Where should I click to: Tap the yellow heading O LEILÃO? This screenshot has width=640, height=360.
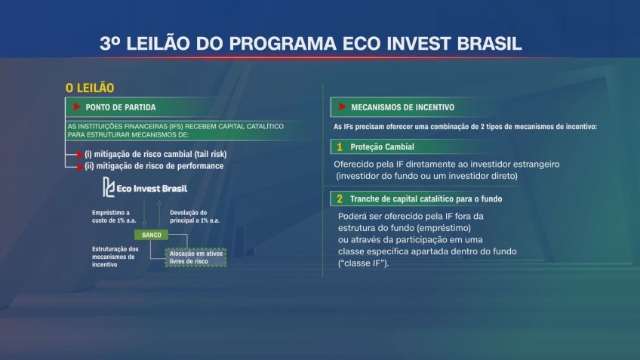tap(90, 89)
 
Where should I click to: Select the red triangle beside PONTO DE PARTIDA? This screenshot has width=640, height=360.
tap(76, 107)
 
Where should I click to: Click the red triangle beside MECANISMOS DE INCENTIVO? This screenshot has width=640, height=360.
tap(343, 107)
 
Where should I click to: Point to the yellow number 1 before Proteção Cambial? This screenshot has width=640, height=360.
tap(340, 146)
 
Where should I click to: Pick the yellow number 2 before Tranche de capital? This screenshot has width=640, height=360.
tap(340, 199)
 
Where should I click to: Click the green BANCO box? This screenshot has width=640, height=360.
tap(152, 235)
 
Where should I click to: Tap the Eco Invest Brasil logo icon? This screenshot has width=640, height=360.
tap(109, 187)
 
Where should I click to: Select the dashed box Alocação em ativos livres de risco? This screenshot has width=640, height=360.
tap(196, 257)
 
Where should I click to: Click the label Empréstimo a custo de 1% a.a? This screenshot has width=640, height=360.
tap(111, 217)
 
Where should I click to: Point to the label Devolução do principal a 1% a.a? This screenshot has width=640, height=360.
tap(195, 217)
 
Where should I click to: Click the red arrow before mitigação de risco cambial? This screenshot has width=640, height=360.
tap(76, 154)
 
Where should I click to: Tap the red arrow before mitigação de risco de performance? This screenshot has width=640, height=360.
tap(76, 165)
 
